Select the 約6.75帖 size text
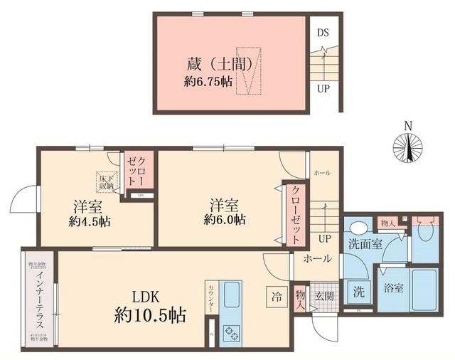pyautogui.click(x=208, y=82)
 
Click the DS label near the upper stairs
pyautogui.click(x=323, y=33)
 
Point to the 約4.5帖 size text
pyautogui.click(x=90, y=221)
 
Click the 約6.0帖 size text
pyautogui.click(x=225, y=221)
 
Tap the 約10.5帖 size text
pyautogui.click(x=150, y=316)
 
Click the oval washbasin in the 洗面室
pyautogui.click(x=359, y=228)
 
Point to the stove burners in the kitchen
pyautogui.click(x=231, y=332)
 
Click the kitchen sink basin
pyautogui.click(x=232, y=295)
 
